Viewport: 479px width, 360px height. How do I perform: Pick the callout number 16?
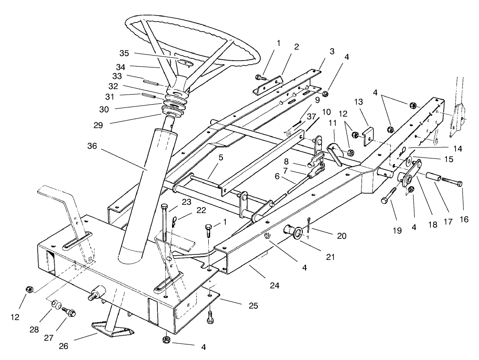464,219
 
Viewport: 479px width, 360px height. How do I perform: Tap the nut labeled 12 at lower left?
28,289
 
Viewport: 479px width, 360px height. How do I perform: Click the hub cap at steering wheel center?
185,62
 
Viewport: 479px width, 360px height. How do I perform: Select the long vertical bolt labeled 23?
164,230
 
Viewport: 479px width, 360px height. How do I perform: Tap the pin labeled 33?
150,83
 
